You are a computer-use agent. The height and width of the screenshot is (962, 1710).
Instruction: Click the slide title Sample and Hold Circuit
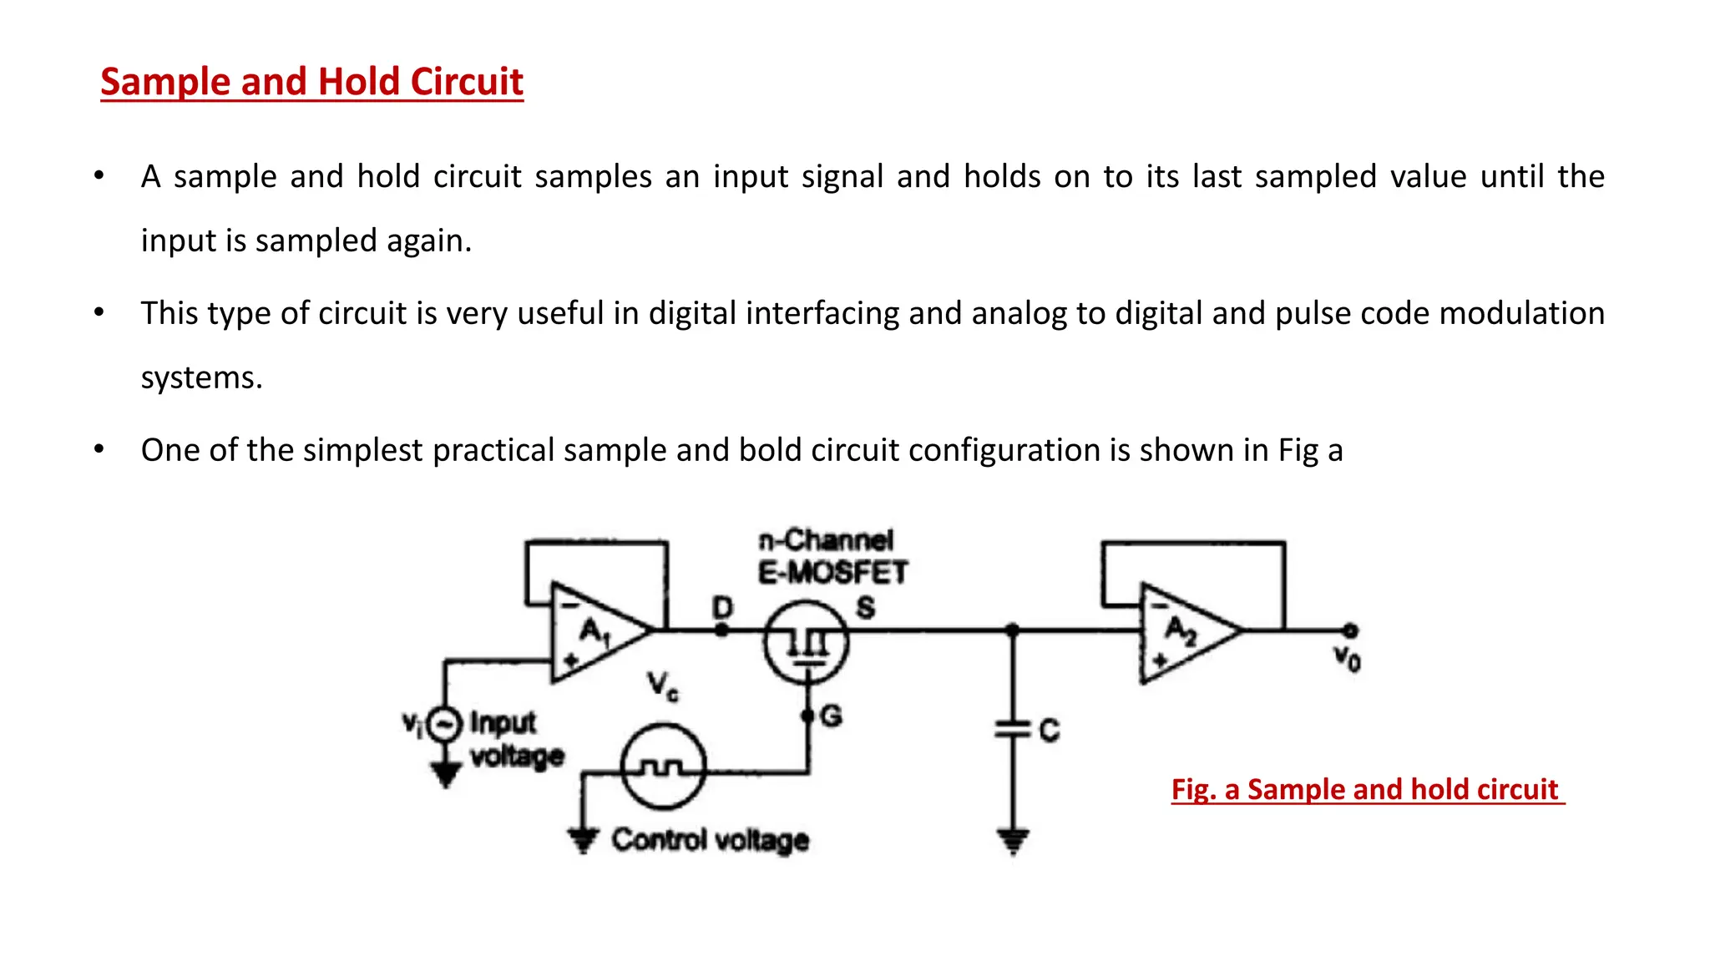point(311,82)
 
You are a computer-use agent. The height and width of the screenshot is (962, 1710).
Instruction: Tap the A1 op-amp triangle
point(597,632)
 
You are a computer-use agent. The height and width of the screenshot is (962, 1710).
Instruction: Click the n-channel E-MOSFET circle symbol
point(806,643)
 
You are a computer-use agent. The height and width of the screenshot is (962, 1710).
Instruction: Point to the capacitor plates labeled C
point(1013,730)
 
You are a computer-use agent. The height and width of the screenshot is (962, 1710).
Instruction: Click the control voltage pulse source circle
point(664,767)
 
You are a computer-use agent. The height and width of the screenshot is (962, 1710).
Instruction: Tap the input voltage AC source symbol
point(444,724)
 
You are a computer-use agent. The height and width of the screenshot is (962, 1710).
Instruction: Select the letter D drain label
point(723,607)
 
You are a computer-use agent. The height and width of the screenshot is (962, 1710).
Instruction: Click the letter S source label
point(866,607)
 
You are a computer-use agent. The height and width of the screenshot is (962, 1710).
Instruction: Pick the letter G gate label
point(832,716)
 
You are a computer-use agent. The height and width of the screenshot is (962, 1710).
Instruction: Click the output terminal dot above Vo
point(1350,630)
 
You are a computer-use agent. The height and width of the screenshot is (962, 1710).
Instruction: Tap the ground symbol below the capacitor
point(1013,840)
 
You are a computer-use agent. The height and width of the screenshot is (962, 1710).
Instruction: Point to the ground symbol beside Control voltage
point(583,838)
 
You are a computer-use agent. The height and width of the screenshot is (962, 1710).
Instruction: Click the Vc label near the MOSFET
point(663,686)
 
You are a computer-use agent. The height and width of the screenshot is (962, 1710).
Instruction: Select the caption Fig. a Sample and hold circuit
point(1366,789)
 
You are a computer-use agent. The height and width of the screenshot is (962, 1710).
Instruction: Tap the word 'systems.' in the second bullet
point(201,377)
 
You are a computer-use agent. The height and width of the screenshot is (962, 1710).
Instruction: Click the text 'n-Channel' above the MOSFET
point(826,540)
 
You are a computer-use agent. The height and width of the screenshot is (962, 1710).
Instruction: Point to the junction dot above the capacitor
point(1013,630)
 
